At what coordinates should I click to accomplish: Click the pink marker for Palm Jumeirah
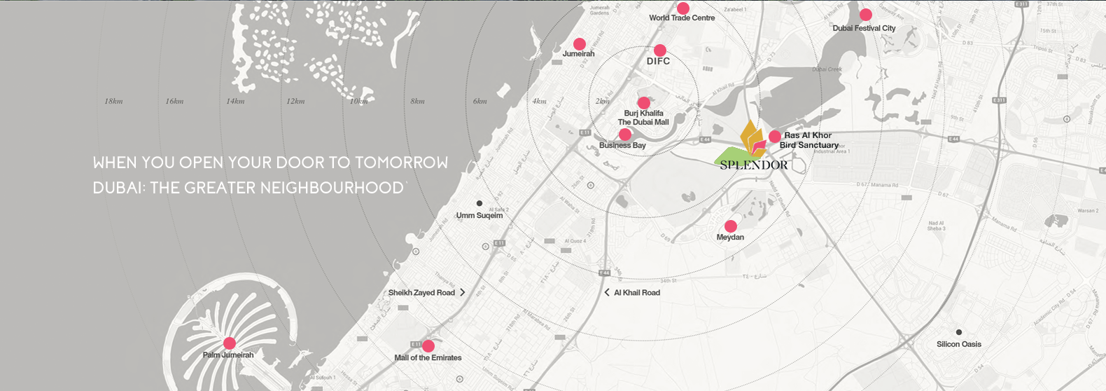point(229,343)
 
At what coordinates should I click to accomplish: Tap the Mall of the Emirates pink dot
point(428,346)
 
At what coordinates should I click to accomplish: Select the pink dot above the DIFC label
point(660,50)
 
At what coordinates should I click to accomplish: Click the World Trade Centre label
point(682,18)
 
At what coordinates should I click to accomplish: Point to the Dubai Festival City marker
point(866,15)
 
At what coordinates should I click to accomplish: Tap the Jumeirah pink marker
point(580,44)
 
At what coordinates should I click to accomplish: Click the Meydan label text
point(730,238)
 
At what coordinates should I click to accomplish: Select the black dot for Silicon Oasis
point(959,332)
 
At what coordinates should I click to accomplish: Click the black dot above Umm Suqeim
point(479,203)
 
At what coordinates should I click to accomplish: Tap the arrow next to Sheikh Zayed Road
point(463,292)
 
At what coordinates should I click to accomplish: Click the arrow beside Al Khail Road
point(607,292)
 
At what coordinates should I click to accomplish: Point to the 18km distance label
point(113,102)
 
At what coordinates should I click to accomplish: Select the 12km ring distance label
point(295,102)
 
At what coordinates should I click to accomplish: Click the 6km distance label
point(479,102)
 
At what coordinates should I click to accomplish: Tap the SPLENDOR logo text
point(754,165)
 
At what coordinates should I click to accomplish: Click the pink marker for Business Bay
point(625,135)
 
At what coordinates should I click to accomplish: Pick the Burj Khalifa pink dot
point(644,103)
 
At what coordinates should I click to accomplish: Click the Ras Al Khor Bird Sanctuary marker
point(775,137)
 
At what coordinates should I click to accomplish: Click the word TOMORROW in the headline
point(401,163)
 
